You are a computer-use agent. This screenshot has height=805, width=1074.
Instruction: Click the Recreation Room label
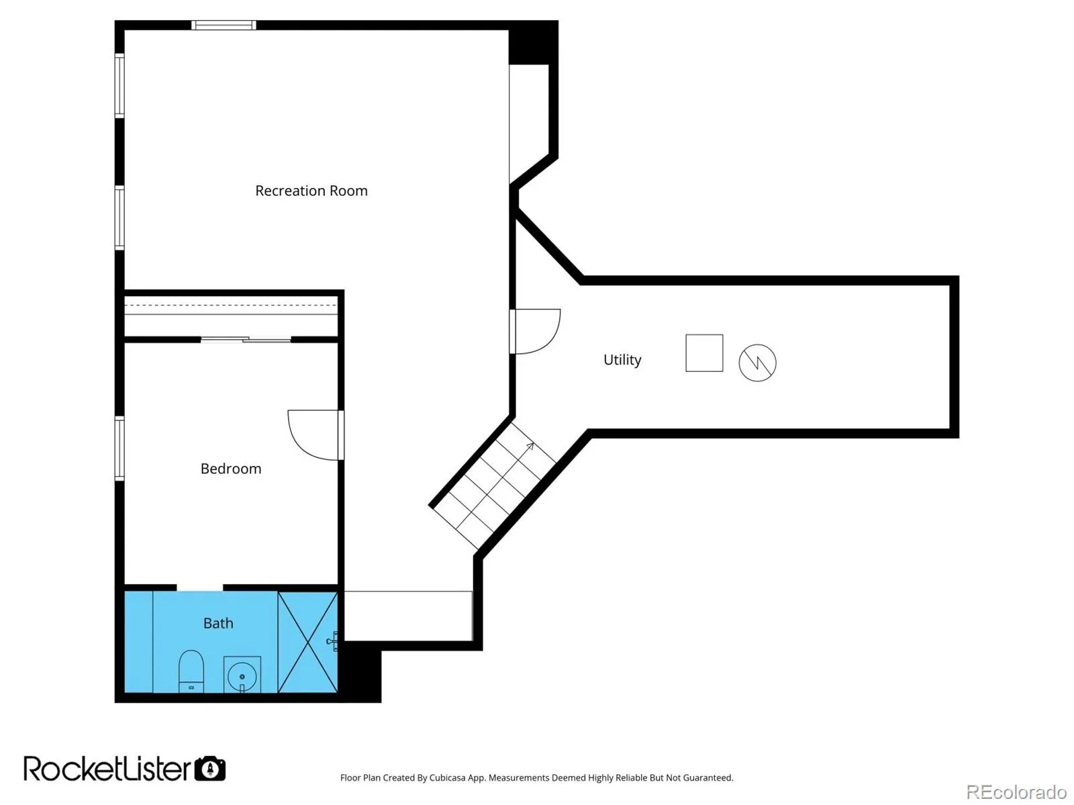pos(311,191)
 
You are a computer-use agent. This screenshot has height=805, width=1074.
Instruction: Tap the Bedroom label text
pos(231,469)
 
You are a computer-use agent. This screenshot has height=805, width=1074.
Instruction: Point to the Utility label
pos(622,360)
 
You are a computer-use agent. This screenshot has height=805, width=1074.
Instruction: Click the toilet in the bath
pos(191,671)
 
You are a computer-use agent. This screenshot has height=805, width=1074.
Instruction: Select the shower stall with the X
pos(307,642)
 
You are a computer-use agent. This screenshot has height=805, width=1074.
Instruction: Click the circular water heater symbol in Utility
pos(757,363)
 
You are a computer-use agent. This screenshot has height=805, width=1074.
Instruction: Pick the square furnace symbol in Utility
pos(704,353)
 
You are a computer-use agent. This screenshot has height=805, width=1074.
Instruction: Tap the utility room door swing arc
pos(548,340)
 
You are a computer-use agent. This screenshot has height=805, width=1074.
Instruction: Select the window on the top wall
pos(224,25)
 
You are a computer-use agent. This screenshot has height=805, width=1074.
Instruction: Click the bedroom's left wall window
pos(119,448)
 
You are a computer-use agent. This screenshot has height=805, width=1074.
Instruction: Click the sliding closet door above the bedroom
pos(246,339)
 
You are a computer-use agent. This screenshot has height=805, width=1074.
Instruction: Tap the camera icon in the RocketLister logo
pos(210,768)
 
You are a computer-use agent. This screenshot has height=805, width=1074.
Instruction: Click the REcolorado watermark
pos(1016,792)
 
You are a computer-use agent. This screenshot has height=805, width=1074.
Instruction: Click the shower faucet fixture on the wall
pos(332,641)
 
